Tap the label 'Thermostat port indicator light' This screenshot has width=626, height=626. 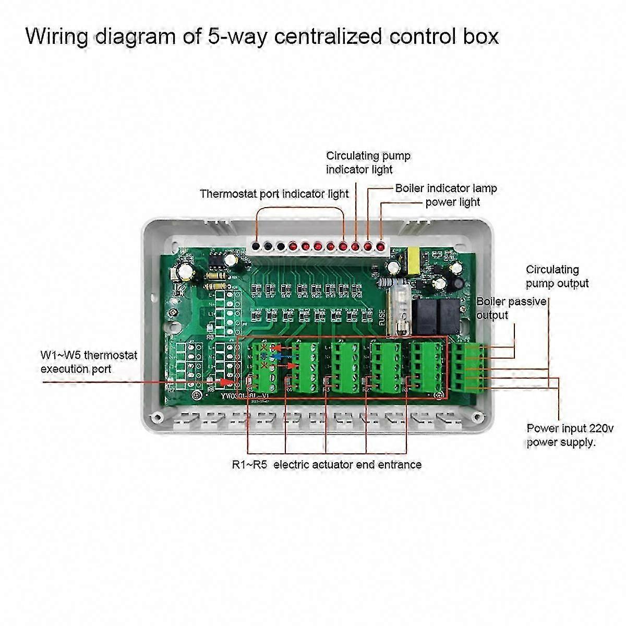pos(274,194)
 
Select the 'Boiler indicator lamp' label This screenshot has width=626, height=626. pos(446,188)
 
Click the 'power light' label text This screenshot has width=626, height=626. pos(452,202)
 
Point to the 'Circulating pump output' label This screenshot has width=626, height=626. pos(557,276)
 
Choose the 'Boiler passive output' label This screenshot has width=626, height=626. pos(503,308)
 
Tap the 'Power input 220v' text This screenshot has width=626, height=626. pos(570,429)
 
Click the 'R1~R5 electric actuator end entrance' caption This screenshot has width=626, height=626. pos(327,464)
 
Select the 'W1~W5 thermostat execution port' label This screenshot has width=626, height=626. pos(89,362)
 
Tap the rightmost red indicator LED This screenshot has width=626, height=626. pos(381,246)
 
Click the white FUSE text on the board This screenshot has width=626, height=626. pos(382,317)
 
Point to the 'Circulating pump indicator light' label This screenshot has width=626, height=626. pos(368,162)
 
